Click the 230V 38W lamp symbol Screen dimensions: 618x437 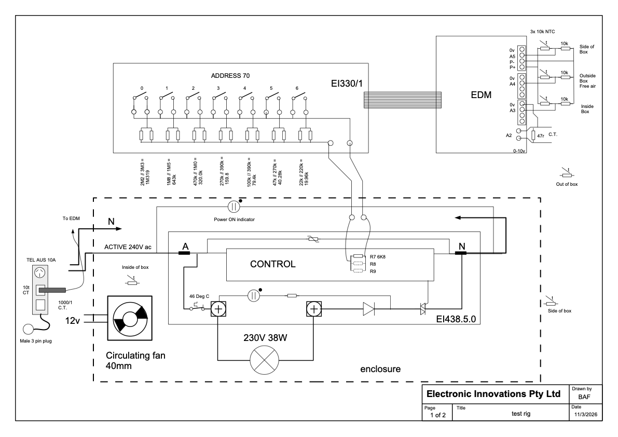(265, 360)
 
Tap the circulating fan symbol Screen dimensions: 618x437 (130, 318)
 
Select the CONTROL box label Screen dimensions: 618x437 (273, 264)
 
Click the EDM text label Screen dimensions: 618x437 (481, 95)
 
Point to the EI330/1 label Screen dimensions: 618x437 (347, 84)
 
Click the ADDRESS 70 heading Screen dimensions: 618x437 (230, 76)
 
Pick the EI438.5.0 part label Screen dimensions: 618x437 (456, 319)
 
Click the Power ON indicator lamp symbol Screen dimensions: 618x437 (234, 207)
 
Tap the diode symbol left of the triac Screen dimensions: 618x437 (369, 309)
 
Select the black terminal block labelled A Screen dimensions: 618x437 (184, 253)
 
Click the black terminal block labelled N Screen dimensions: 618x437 (461, 253)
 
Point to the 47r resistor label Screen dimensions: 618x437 (540, 136)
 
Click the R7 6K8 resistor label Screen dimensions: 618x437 (378, 257)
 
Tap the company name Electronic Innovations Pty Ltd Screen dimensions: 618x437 (493, 394)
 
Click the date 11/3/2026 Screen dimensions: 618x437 (586, 415)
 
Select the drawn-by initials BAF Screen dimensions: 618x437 (584, 397)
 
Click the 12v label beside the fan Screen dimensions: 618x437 (73, 321)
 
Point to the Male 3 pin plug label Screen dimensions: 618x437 (36, 341)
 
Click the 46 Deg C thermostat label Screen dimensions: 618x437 (199, 296)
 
